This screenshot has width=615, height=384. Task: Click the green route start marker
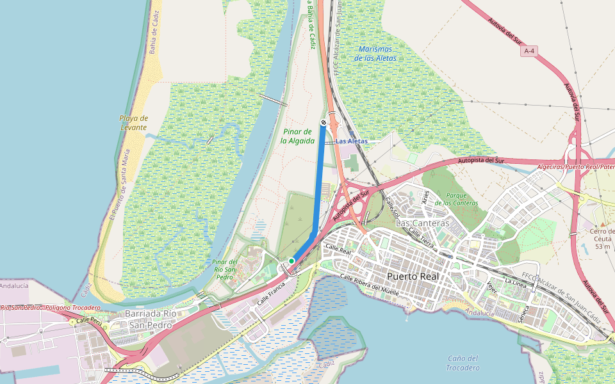coord(291,261)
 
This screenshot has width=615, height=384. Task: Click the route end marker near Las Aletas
coord(324,122)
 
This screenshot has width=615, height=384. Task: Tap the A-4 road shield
coord(529,51)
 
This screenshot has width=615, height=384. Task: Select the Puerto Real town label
coord(413,276)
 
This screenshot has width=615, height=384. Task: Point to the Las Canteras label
coord(423,223)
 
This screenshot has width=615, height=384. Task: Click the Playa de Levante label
coord(133,123)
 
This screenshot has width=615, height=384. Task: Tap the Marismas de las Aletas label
coord(377,53)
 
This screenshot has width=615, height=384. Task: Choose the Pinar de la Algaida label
coord(298,136)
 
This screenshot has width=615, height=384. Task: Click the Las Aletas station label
coord(352,141)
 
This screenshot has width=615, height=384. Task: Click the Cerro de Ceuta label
coord(602,238)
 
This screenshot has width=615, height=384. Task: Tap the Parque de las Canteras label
coord(456,198)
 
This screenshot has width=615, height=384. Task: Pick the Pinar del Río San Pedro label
coord(225,269)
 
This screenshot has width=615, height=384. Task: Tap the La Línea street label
coord(515,281)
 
